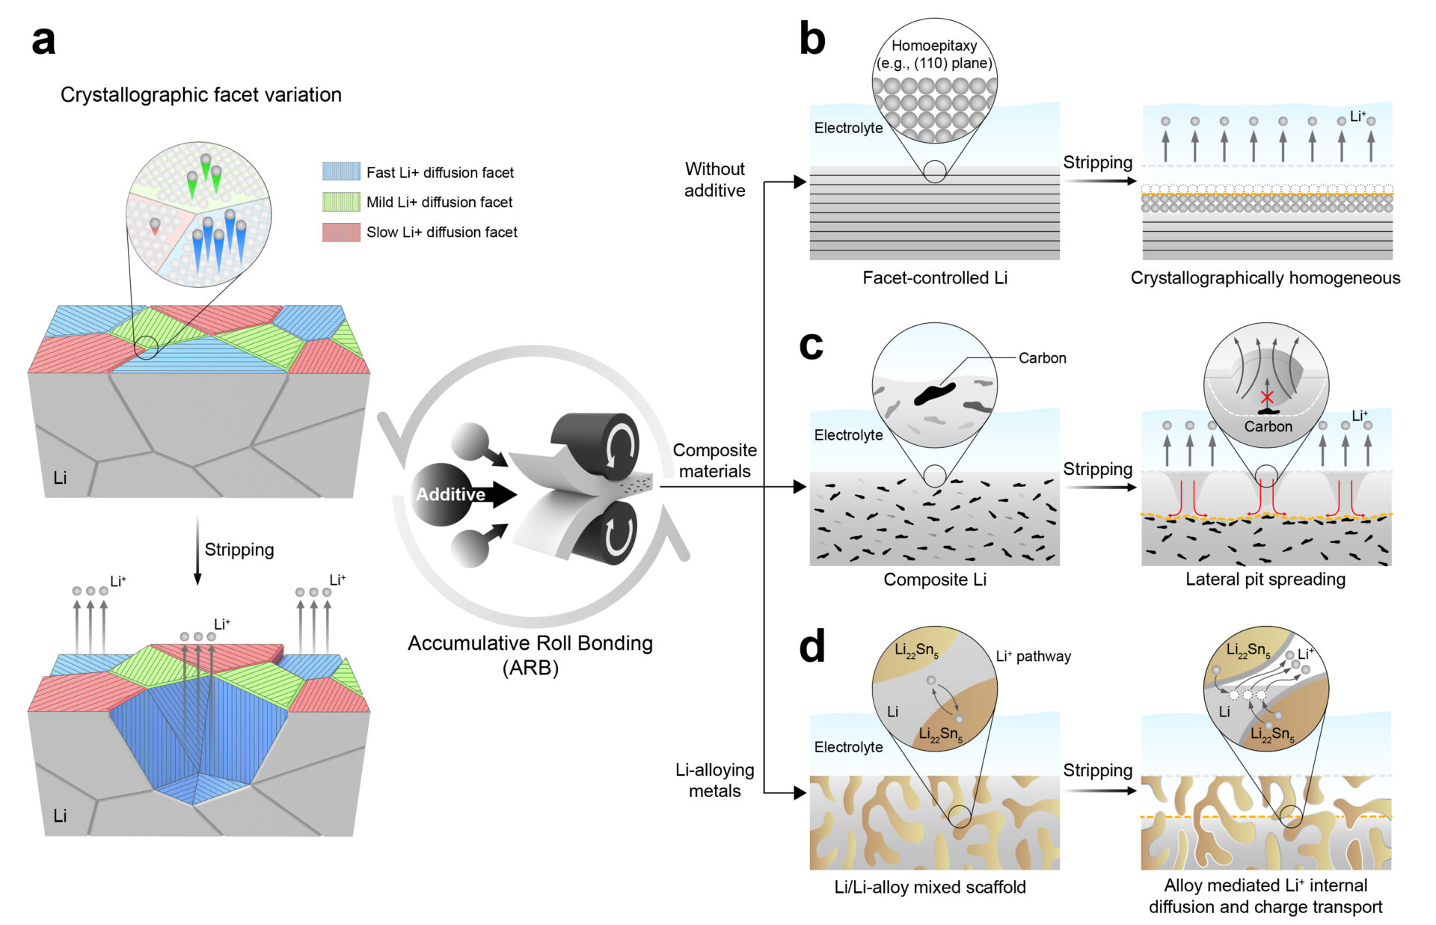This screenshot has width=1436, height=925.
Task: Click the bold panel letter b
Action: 811,39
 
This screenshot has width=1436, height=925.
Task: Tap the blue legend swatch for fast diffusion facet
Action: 341,171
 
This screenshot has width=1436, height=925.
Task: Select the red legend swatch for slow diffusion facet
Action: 341,232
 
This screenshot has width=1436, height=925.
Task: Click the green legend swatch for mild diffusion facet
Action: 341,202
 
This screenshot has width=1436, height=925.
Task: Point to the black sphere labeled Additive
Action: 444,494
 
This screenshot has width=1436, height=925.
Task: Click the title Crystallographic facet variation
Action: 200,95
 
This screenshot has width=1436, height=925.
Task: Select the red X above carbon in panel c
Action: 1266,396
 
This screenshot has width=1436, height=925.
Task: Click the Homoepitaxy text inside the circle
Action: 934,46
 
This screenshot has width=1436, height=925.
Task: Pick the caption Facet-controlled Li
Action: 934,277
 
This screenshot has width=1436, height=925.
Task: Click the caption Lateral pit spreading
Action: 1265,579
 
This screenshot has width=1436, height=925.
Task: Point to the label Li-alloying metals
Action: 714,780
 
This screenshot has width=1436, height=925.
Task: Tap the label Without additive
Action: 714,179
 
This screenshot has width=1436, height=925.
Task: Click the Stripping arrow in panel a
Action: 197,550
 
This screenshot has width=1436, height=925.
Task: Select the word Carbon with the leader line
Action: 1042,358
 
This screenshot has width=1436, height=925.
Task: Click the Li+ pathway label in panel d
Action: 1033,657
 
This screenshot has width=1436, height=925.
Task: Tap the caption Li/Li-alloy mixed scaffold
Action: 930,887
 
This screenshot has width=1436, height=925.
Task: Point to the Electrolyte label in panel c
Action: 848,435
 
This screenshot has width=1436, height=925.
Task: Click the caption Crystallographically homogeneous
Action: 1265,277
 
